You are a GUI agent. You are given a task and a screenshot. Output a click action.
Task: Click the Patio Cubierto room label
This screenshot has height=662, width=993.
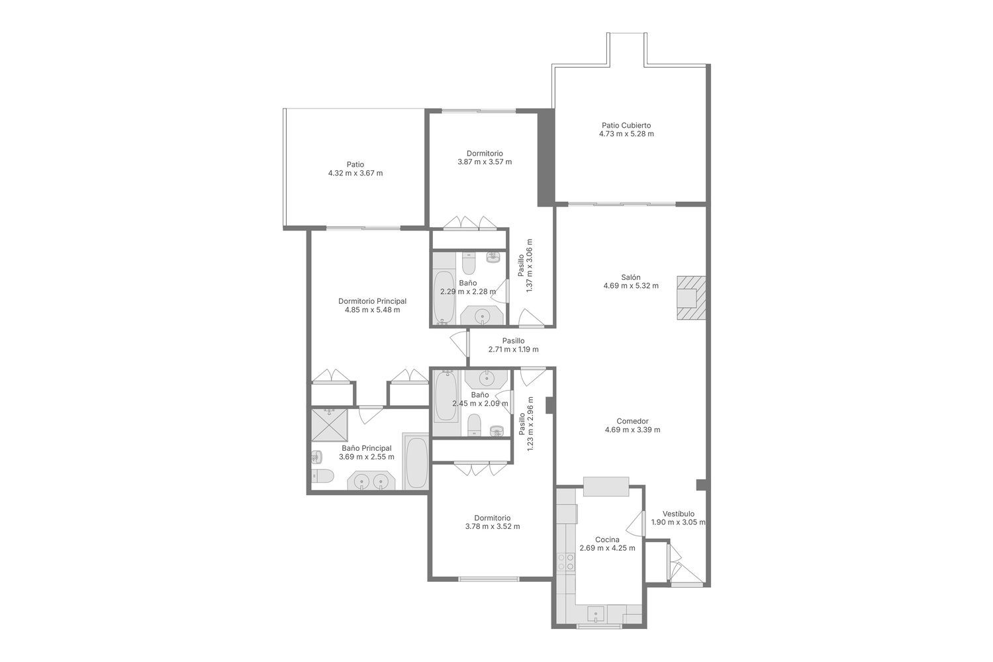pos(626,126)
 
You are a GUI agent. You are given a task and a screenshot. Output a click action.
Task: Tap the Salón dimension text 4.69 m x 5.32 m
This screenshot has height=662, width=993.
pos(631,286)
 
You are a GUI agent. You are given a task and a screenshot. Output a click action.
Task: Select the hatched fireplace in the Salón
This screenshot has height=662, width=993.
pos(690,297)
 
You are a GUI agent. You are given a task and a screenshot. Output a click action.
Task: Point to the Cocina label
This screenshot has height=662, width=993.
pos(607,540)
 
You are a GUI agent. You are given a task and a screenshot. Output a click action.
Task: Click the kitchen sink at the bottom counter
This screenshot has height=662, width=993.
pos(596,614)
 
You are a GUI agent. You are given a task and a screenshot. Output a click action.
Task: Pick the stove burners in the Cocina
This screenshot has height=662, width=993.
pos(566,563)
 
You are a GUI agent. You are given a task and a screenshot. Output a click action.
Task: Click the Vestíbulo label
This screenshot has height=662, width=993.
pos(679,514)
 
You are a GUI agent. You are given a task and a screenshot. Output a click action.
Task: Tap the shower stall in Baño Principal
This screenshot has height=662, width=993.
pos(330,425)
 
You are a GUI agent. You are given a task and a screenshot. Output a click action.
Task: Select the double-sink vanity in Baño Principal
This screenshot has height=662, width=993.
pos(371,481)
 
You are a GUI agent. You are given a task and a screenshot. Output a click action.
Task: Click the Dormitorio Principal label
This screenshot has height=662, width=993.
pos(372,301)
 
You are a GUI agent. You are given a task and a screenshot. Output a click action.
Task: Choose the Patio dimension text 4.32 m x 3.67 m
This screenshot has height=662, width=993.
pos(355,173)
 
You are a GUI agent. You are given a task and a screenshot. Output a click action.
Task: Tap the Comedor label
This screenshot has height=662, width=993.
pos(633,421)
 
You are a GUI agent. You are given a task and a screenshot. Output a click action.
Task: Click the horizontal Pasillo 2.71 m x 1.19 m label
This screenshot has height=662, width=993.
pos(513,345)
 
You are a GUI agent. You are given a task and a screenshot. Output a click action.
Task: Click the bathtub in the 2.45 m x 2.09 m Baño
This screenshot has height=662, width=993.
pos(446,397)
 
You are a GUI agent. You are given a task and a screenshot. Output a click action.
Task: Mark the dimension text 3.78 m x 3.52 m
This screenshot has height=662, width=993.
pos(493,527)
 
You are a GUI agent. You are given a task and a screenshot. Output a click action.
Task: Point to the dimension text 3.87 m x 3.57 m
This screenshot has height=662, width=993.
pos(485,162)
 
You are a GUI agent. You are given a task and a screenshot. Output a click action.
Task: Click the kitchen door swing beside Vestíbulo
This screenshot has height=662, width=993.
pos(636,523)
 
